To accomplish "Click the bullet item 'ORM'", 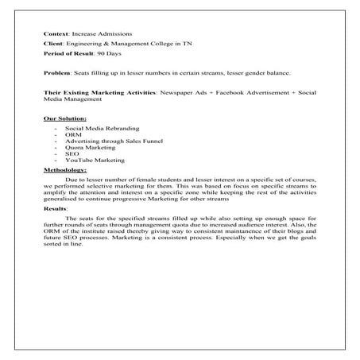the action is [x=71, y=134].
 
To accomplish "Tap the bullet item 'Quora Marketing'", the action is [x=86, y=148].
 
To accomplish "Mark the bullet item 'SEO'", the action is [x=70, y=154].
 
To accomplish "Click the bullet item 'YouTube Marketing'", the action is [x=89, y=161].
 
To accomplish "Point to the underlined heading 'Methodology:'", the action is [x=65, y=169].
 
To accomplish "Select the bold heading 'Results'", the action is [x=55, y=208].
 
